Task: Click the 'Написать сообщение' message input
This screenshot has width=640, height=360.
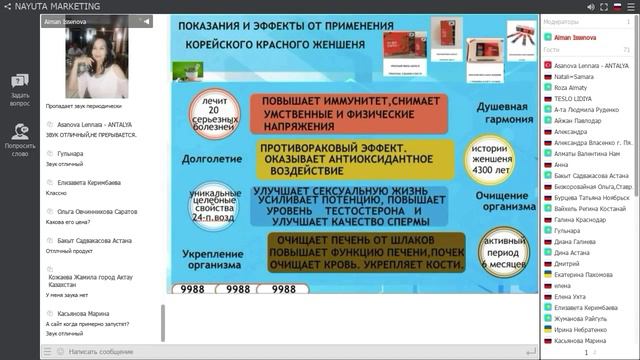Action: pos(101,351)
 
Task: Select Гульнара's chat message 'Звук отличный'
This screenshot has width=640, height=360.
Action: pos(64,164)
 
